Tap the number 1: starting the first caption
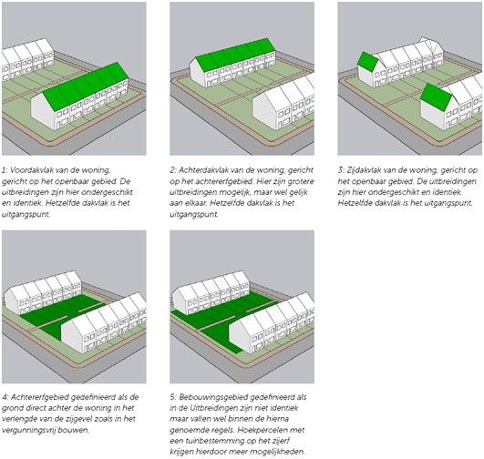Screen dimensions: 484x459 [x=5, y=170]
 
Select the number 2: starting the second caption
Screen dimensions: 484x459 [x=173, y=170]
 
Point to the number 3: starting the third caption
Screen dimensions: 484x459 [x=341, y=170]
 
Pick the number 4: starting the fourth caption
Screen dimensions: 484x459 [x=5, y=397]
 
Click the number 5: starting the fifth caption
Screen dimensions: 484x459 [x=173, y=397]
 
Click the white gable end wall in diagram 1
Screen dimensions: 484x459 [x=43, y=111]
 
